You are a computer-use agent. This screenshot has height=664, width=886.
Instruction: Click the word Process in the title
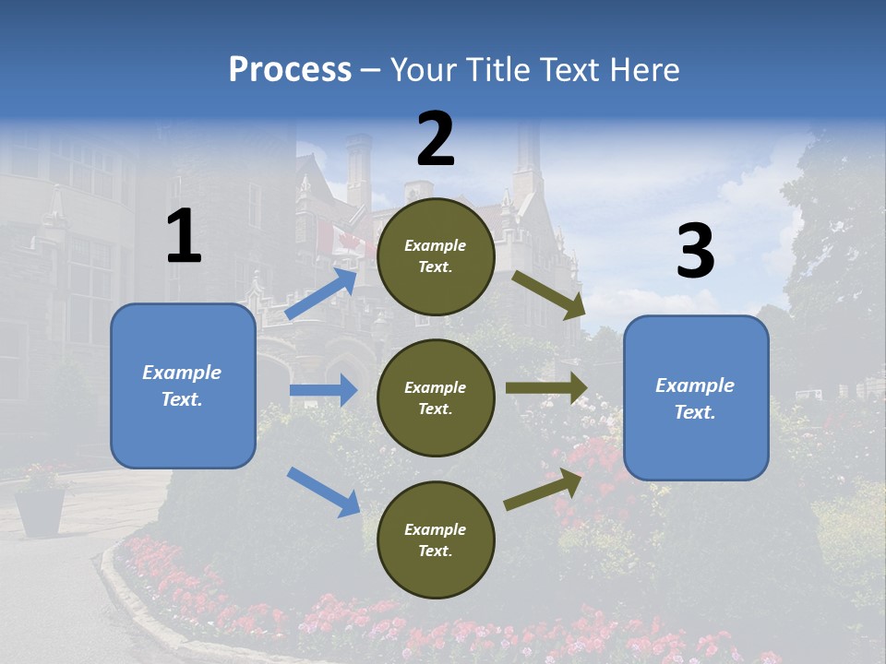click(290, 70)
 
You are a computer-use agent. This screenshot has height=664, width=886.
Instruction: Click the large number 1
click(184, 237)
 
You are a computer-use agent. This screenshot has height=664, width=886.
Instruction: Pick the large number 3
click(695, 252)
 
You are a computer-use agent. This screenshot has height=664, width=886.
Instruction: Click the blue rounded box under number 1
click(183, 385)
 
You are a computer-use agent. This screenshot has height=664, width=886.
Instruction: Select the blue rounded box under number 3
click(696, 397)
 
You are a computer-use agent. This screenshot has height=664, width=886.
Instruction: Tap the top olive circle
click(436, 256)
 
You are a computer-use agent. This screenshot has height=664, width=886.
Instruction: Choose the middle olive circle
click(436, 397)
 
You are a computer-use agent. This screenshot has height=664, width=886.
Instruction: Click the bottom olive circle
click(436, 539)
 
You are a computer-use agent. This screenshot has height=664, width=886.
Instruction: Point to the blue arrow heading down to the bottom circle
click(323, 491)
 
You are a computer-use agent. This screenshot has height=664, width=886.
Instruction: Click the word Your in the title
click(423, 70)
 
